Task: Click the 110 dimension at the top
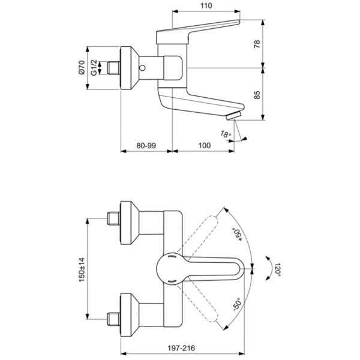[206, 6]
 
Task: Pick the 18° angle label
[224, 135]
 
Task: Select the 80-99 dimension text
[147, 146]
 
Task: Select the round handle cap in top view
[170, 268]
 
